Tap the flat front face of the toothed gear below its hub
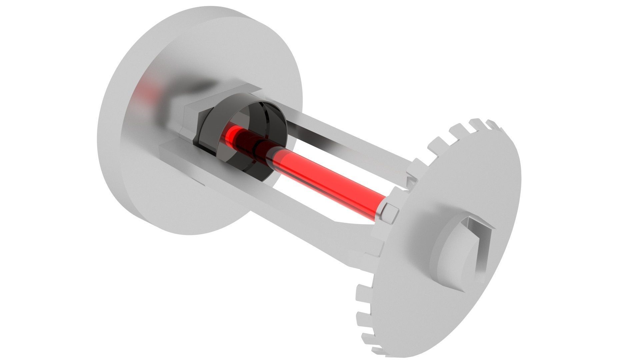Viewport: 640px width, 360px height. click(x=433, y=310)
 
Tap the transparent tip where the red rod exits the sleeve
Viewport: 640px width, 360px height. click(x=277, y=157)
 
